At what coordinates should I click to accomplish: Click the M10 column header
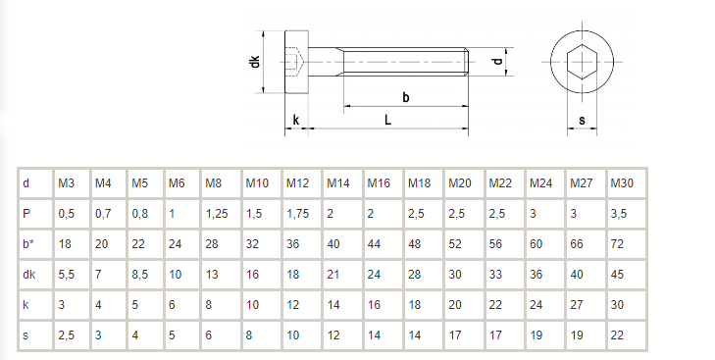[x=257, y=183]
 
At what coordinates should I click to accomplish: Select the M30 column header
[x=622, y=183]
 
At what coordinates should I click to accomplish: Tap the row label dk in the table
[x=29, y=275]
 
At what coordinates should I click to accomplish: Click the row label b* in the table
[x=28, y=244]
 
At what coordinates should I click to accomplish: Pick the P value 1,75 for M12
[x=298, y=214]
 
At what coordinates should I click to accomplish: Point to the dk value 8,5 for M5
[x=139, y=275]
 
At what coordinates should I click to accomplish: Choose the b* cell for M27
[x=577, y=244]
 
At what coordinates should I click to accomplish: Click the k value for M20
[x=455, y=305]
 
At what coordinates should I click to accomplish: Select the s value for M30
[x=617, y=335]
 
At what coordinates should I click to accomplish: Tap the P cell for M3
[x=66, y=214]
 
